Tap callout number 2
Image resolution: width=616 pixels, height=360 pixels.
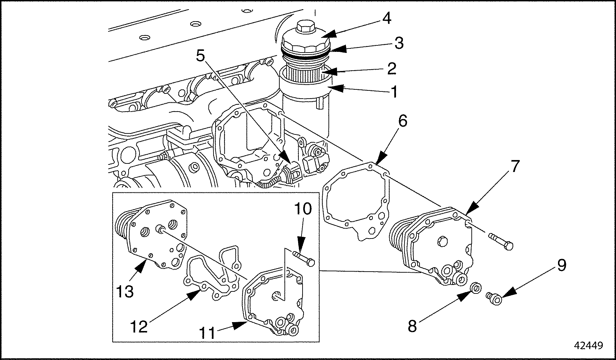391,69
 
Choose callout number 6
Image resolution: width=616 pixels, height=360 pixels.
402,121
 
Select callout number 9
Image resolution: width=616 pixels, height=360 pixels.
561,265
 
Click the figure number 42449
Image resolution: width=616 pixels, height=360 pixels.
589,345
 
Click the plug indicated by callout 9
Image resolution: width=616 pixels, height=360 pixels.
494,298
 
